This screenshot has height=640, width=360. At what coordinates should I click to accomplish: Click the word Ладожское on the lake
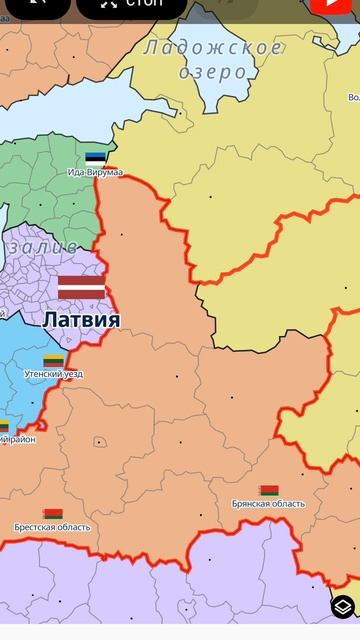coord(213,48)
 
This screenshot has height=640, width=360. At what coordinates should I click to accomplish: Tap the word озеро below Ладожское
coord(212,72)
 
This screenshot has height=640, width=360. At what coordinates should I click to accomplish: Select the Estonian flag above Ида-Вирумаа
coord(95,158)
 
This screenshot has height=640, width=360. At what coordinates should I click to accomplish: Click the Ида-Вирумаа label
coord(95,172)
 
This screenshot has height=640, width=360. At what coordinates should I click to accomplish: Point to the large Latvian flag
coord(81,287)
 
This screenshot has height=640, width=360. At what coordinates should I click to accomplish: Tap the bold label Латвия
coord(81,320)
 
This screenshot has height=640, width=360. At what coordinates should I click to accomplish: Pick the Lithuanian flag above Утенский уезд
coord(54,360)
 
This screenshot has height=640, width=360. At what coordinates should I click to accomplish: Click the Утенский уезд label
coord(54,374)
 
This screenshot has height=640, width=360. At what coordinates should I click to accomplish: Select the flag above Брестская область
coord(53,514)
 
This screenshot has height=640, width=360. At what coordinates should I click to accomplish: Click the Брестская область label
coord(52,527)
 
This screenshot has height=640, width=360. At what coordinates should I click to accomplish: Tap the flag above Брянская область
coord(268,491)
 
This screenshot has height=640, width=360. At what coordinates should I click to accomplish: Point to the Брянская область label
coord(268,504)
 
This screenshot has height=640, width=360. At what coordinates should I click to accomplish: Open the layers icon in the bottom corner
coord(343,607)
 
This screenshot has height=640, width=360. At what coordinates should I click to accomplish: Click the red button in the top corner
coord(340,5)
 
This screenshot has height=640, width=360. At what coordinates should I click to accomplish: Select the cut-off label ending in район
coord(17,439)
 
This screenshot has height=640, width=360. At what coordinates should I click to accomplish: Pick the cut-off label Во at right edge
coord(354,97)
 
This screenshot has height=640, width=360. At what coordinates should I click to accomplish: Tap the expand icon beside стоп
coord(108,5)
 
